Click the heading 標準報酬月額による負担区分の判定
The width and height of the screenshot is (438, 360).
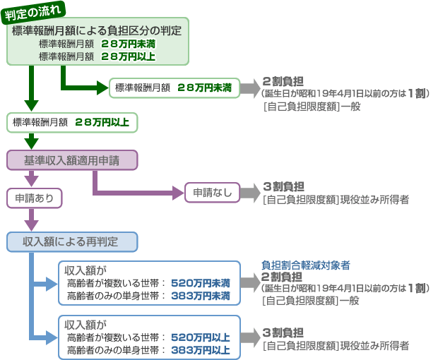coord(97,30)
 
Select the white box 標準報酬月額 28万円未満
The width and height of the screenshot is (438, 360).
coord(172,88)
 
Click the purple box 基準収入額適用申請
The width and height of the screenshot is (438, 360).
coord(71,160)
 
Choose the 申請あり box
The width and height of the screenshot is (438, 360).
coord(35,198)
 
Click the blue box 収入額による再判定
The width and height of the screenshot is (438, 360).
coord(71,242)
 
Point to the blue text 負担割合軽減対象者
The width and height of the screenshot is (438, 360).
coord(306,265)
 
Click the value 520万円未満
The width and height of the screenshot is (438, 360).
coord(201,283)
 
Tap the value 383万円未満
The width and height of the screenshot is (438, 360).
coord(201,296)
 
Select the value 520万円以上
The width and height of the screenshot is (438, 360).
coord(201,337)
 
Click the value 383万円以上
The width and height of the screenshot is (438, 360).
coord(201,349)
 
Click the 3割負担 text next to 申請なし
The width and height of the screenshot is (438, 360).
coord(283,186)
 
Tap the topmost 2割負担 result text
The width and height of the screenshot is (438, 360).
coord(283,80)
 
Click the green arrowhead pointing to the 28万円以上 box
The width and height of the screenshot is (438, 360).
coord(30,105)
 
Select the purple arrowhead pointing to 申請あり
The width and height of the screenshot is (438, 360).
coord(30,181)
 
